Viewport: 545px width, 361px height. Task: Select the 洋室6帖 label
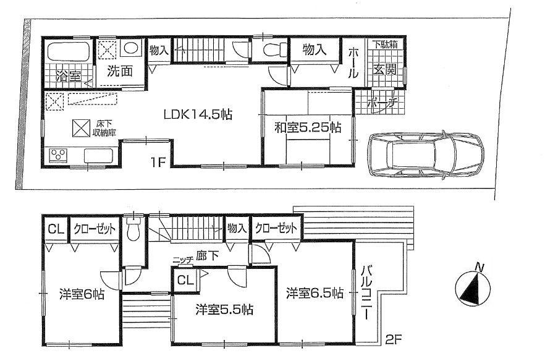pyautogui.click(x=81, y=294)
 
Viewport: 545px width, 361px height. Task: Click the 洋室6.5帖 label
pyautogui.click(x=314, y=294)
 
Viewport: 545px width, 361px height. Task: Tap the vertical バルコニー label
pyautogui.click(x=366, y=292)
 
